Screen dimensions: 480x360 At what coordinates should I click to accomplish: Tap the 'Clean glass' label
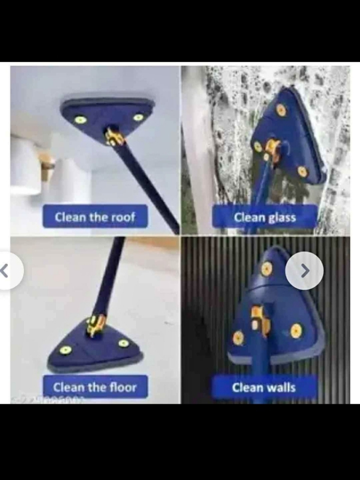(x=265, y=217)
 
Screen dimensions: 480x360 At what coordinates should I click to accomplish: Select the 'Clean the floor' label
(x=94, y=387)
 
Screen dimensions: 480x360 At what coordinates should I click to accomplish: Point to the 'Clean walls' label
(x=263, y=387)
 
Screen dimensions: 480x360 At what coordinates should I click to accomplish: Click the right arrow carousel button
(x=305, y=271)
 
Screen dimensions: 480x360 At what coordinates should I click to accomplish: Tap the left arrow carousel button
(x=7, y=271)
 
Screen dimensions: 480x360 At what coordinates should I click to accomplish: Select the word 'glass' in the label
(x=282, y=217)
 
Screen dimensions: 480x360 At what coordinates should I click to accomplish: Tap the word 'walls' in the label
(x=281, y=387)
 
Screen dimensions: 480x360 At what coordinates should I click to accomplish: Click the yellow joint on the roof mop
(x=114, y=137)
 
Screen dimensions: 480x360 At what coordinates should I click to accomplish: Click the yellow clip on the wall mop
(x=260, y=320)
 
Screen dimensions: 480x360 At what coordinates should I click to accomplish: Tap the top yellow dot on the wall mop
(x=266, y=270)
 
